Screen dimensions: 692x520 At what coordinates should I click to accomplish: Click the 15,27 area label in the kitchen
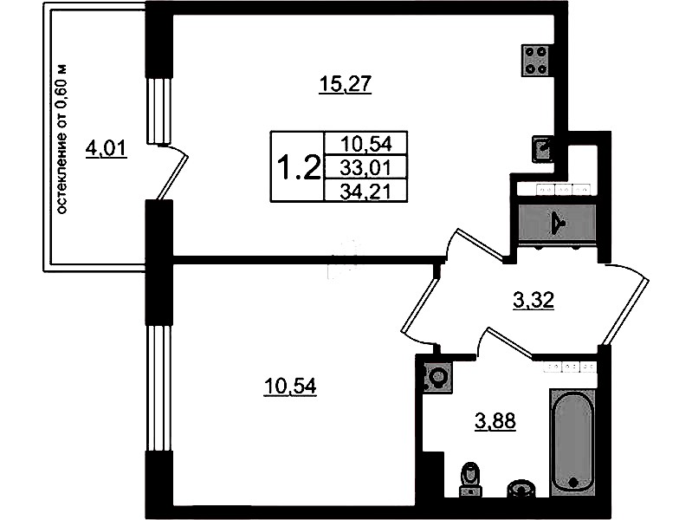click(346, 84)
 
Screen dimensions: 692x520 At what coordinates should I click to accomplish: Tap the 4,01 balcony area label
click(107, 148)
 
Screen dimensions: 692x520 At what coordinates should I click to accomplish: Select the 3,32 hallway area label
click(534, 301)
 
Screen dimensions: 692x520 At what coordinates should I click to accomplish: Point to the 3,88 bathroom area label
click(495, 421)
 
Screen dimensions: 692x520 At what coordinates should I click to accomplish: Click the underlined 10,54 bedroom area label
click(290, 387)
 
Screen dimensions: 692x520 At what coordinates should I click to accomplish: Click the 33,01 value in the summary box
click(366, 168)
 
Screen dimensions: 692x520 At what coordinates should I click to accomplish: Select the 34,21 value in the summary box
click(366, 192)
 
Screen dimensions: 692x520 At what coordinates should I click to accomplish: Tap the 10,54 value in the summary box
click(366, 144)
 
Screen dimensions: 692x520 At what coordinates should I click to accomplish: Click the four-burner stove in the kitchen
click(535, 60)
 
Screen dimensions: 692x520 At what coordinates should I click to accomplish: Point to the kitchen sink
click(543, 148)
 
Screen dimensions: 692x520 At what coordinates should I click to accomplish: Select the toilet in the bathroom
click(470, 479)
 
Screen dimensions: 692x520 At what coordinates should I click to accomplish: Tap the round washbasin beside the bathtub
click(521, 490)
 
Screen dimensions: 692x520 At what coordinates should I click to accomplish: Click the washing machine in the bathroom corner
click(437, 377)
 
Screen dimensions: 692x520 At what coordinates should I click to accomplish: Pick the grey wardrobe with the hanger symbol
click(557, 223)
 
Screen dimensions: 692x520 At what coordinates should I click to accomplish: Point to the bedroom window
click(158, 388)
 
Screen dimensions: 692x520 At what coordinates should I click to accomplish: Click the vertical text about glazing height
click(62, 140)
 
